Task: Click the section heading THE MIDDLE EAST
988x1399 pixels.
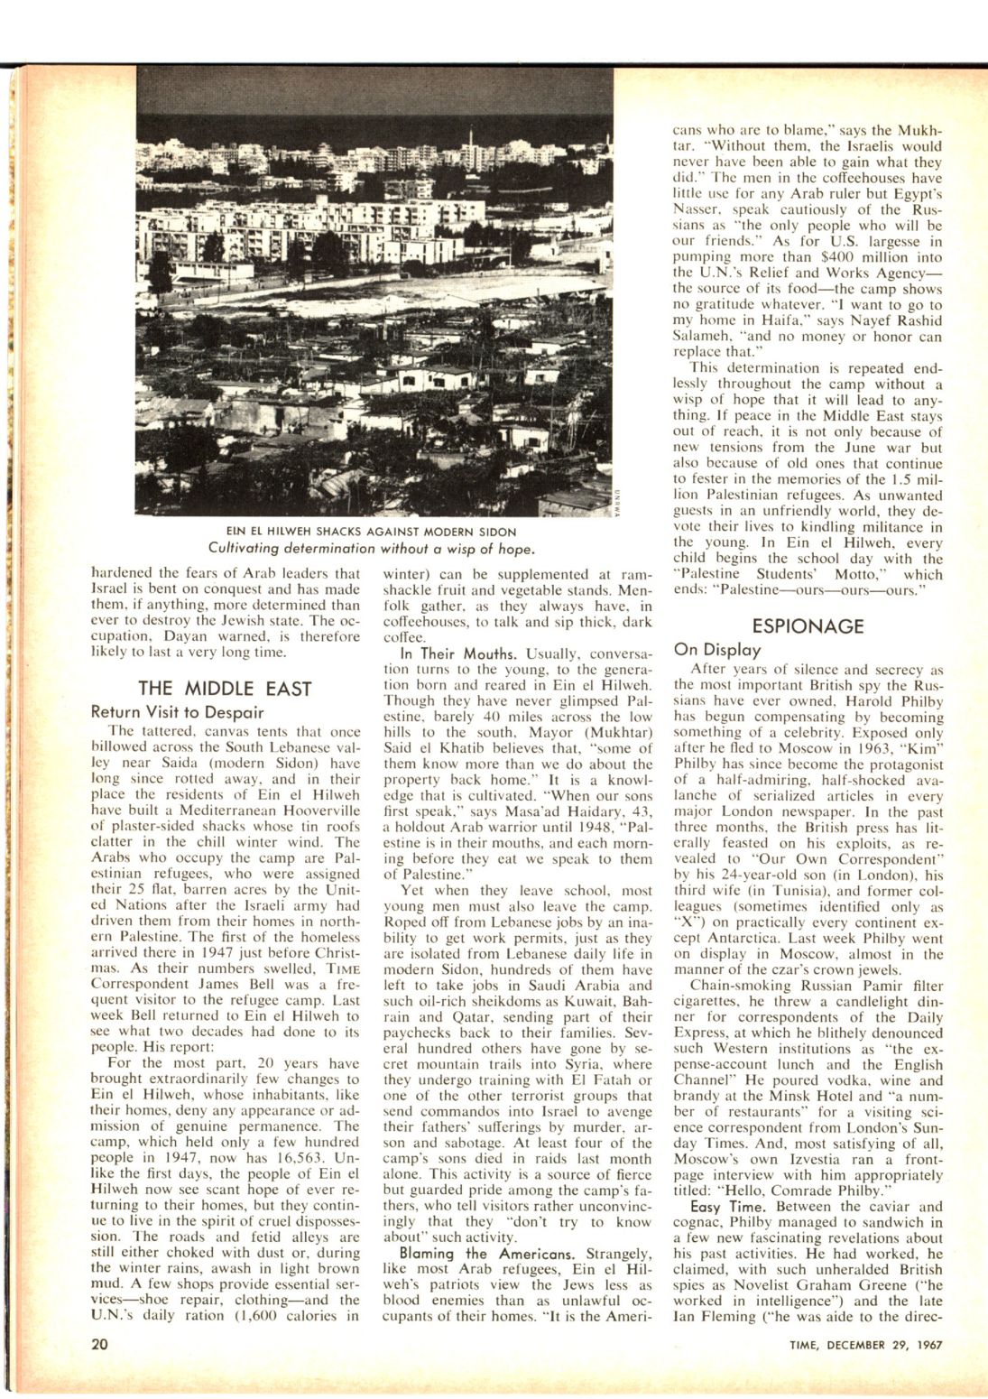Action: pyautogui.click(x=225, y=689)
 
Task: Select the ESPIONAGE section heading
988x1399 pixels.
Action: pyautogui.click(x=808, y=626)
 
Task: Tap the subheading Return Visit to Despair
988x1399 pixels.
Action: pyautogui.click(x=178, y=712)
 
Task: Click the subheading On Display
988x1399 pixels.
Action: pyautogui.click(x=717, y=650)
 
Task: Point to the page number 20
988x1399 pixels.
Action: pyautogui.click(x=100, y=1344)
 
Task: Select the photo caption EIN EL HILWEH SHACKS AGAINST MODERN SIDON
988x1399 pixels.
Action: pyautogui.click(x=371, y=532)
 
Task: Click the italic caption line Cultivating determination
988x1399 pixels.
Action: pyautogui.click(x=371, y=548)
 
